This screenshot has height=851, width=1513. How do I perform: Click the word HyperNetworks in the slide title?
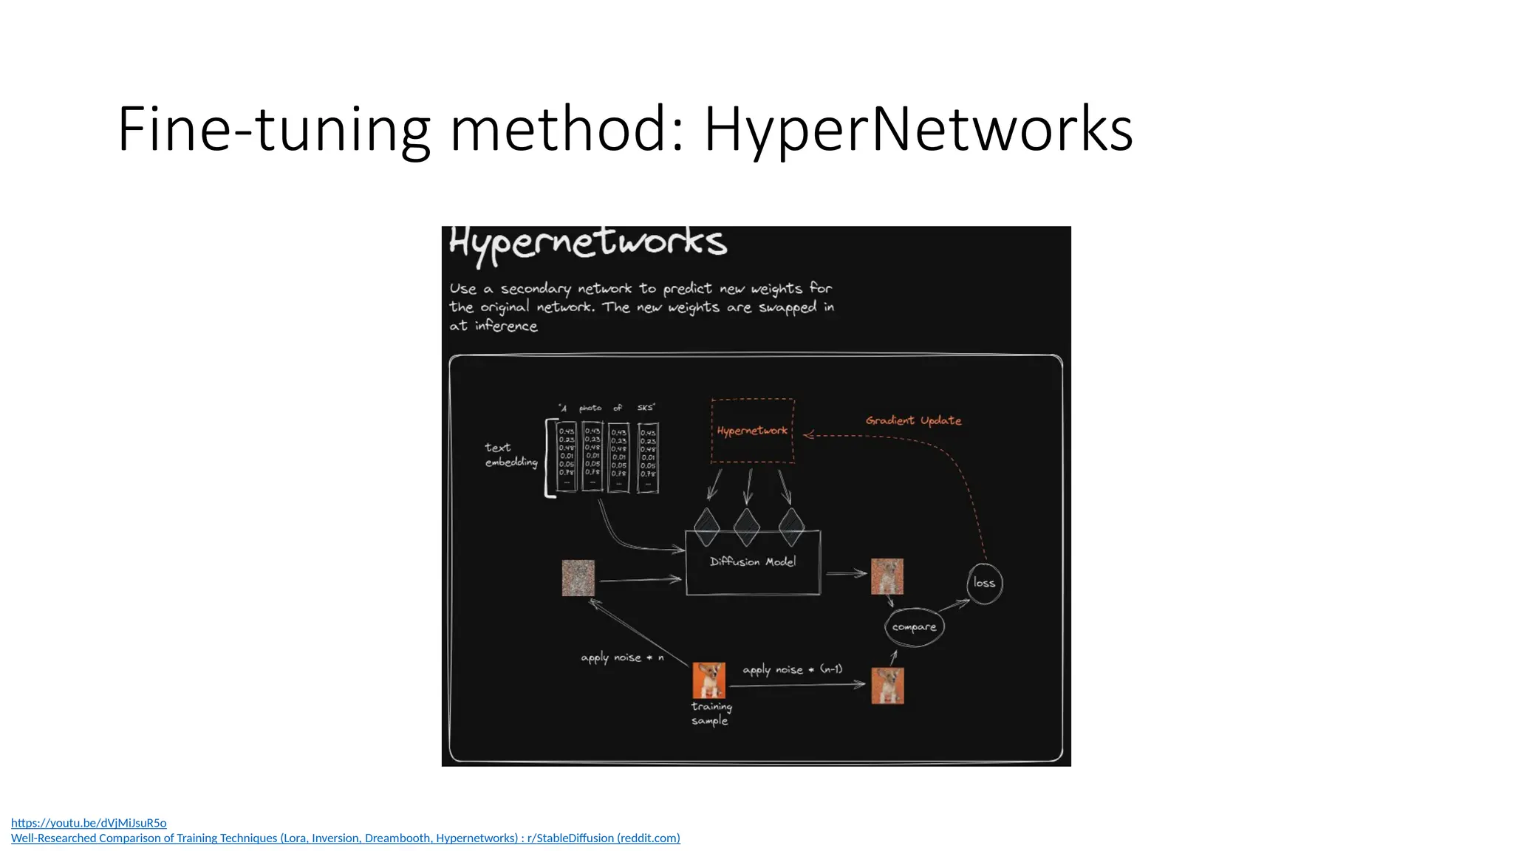pos(918,129)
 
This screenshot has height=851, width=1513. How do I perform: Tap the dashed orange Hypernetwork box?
pos(752,431)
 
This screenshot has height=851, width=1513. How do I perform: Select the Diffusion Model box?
pos(753,563)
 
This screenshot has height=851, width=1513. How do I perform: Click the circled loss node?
pos(984,583)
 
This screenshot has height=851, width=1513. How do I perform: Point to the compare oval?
pos(914,627)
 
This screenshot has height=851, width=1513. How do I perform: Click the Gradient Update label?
pos(913,420)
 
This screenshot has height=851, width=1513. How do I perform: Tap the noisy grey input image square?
pos(578,578)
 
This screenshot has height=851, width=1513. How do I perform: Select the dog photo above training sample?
pos(708,680)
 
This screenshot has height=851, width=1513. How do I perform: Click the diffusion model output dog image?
pos(887,576)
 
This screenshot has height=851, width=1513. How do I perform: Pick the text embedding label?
pos(510,454)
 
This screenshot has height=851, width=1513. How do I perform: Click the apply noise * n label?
pos(622,657)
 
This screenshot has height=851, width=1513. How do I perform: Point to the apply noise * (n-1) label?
pos(792,669)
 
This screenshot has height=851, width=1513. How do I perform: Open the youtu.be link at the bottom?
pos(89,822)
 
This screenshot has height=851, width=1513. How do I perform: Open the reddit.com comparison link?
pos(345,838)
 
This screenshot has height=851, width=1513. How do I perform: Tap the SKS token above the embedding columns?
pos(646,408)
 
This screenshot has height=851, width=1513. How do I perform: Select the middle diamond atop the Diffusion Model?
pos(747,527)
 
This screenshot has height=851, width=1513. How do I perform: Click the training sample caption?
pos(711,714)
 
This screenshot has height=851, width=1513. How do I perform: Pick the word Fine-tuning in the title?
pos(273,129)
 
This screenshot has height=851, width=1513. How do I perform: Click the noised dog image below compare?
pos(887,686)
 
